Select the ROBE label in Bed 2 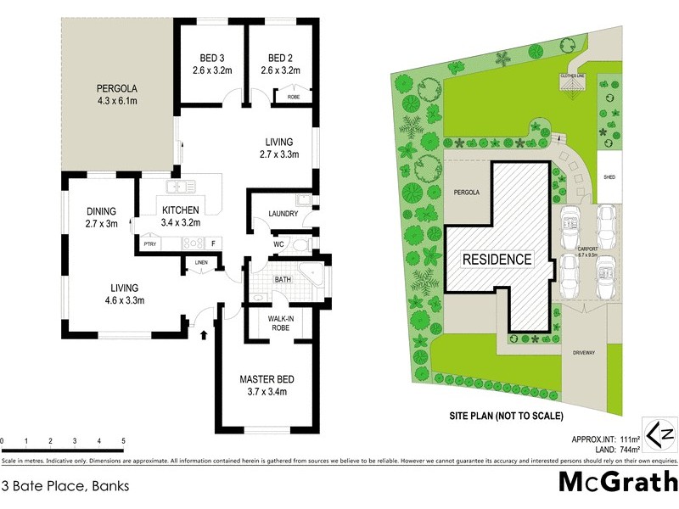tap(294, 97)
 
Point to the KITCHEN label tap(181, 210)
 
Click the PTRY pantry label tap(149, 244)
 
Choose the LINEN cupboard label tap(200, 262)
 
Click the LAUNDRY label tap(282, 214)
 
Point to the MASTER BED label tap(267, 379)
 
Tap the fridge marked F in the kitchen tap(214, 244)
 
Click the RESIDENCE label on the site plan tap(497, 259)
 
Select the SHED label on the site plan tap(609, 177)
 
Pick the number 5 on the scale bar tap(124, 441)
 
